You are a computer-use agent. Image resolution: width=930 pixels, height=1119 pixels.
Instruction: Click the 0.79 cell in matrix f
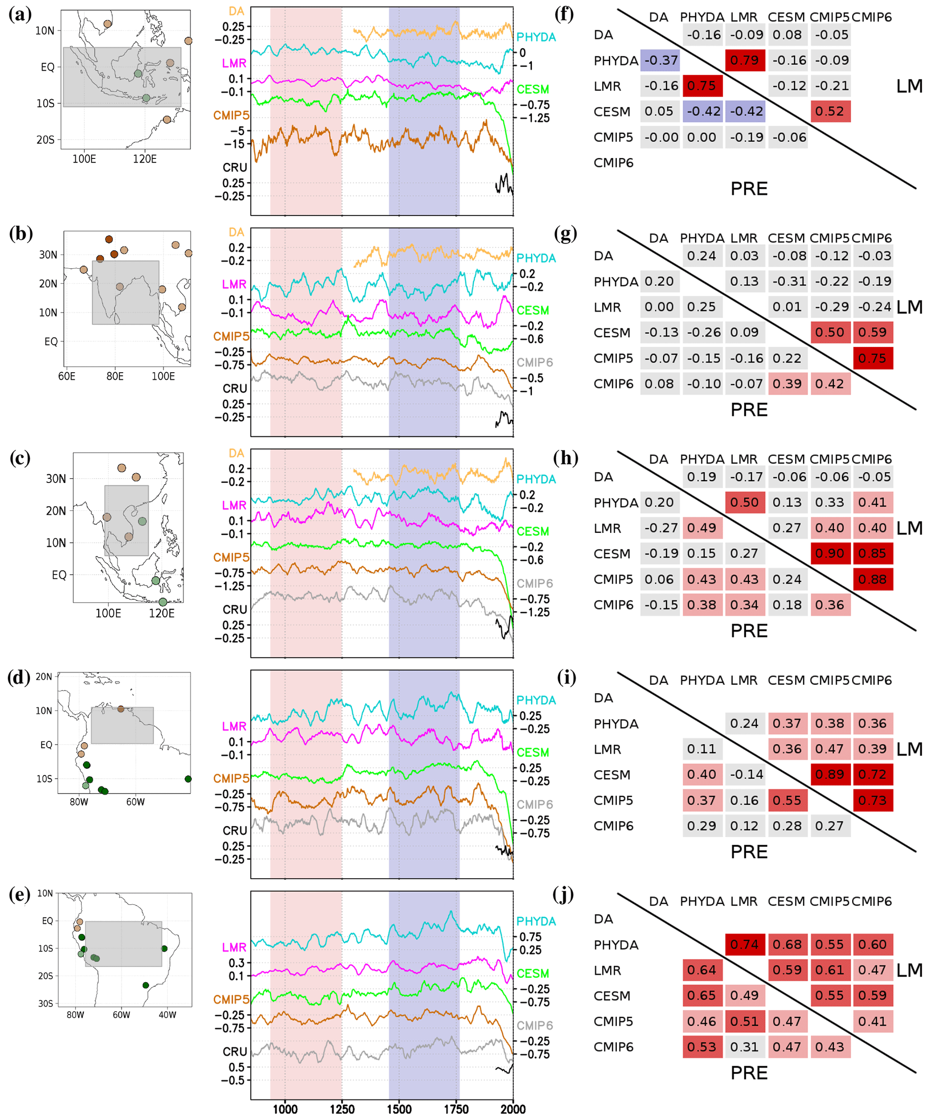pos(745,60)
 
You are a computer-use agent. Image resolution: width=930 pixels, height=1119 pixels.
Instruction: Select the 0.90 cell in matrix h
pos(830,554)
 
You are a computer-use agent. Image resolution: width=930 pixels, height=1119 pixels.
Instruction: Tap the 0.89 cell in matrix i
pos(830,774)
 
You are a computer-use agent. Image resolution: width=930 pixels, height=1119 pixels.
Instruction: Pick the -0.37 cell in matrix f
pos(660,60)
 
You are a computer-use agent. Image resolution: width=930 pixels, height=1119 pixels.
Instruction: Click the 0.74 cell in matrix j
pos(745,944)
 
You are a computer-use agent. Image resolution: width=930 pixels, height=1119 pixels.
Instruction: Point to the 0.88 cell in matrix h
pos(872,579)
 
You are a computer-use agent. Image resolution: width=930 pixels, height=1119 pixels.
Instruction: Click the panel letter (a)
pos(20,14)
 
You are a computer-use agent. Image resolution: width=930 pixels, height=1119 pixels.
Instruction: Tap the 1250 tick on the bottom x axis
pos(342,1110)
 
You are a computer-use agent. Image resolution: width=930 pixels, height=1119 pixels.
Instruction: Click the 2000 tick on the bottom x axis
pos(512,1110)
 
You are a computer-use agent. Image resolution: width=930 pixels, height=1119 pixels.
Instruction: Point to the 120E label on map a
pos(144,159)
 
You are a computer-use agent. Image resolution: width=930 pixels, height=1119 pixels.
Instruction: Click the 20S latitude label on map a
pos(45,140)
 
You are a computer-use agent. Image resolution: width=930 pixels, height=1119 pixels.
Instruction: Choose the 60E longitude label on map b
pos(67,376)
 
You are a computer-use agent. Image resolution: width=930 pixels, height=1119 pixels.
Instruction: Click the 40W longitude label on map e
pos(167,1015)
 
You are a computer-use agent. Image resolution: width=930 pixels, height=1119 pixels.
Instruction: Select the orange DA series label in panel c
pos(237,453)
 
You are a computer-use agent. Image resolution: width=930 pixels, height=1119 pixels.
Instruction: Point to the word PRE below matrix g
pos(749,410)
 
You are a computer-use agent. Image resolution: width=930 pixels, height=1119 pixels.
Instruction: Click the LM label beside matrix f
pos(909,86)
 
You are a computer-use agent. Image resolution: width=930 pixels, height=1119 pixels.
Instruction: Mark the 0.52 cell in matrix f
pos(830,111)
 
